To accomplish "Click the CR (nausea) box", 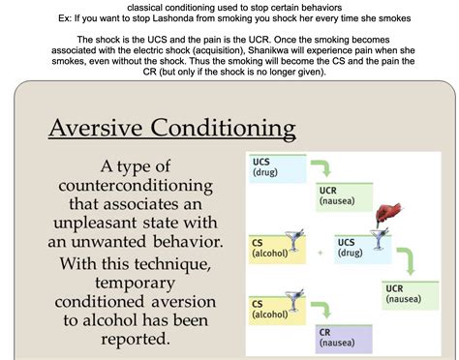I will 340,336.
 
